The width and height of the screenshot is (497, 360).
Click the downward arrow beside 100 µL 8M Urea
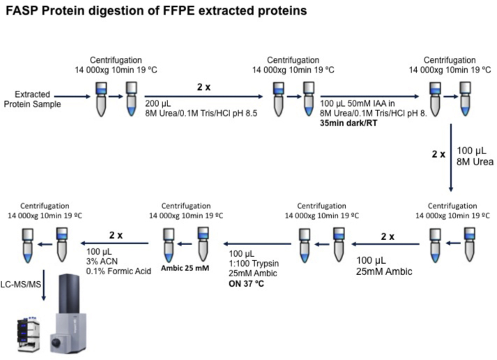[451, 158]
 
